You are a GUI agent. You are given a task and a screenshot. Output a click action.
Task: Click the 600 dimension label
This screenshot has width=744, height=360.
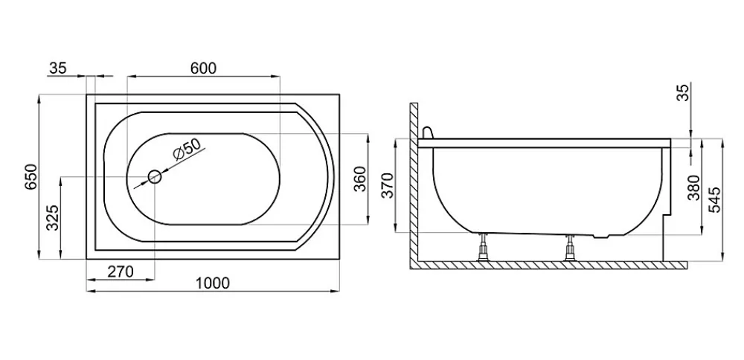click(203, 68)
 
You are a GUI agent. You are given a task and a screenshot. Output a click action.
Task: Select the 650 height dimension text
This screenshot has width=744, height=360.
click(31, 177)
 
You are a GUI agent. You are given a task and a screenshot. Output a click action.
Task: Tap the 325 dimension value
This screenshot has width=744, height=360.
click(53, 218)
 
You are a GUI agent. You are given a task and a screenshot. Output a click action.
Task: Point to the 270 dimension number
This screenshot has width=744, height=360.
click(120, 271)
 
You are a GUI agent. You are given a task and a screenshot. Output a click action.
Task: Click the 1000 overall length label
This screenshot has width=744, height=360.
click(212, 283)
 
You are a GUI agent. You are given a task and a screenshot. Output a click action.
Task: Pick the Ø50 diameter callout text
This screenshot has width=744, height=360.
click(187, 150)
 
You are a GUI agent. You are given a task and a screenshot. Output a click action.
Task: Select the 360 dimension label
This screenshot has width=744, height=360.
click(360, 179)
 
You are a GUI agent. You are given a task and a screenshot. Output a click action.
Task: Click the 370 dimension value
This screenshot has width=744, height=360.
click(388, 185)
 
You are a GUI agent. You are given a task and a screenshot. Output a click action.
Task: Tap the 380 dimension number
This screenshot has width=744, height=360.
click(694, 187)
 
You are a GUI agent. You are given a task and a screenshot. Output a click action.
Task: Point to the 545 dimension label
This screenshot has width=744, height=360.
click(714, 199)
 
